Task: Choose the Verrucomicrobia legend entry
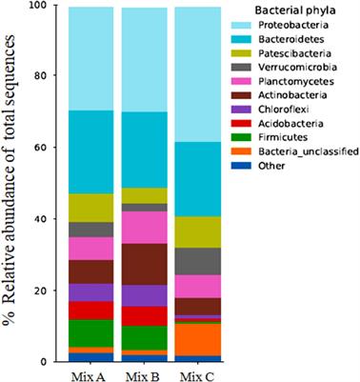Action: [305, 74]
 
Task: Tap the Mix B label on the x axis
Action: [141, 372]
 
